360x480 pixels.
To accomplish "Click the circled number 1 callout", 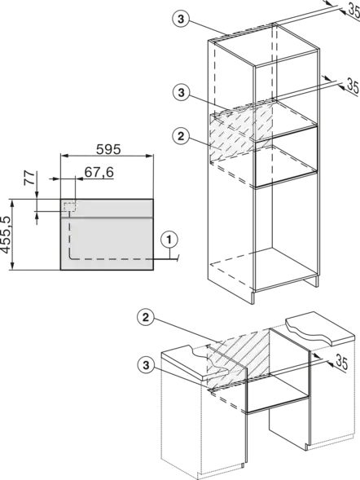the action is [169, 240].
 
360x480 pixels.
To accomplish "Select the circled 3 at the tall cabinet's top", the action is [181, 20].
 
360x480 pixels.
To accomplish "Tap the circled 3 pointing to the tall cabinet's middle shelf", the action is [182, 92].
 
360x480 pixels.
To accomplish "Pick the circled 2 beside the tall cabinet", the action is [181, 136].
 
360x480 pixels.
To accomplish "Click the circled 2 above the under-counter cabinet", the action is [146, 318].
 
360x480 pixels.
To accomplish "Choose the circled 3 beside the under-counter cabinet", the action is [146, 365].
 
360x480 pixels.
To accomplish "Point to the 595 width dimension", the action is [108, 149].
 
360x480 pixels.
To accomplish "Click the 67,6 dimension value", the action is [99, 172].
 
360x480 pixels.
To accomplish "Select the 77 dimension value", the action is [30, 178].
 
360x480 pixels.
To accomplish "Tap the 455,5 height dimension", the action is [6, 235].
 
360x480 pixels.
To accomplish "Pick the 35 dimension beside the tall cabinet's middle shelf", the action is [353, 86].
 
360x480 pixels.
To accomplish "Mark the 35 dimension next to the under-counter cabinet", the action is [342, 362].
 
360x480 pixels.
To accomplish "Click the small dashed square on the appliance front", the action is [70, 207].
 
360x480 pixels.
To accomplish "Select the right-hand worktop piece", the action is [320, 328].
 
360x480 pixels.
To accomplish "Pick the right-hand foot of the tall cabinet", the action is [317, 283].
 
